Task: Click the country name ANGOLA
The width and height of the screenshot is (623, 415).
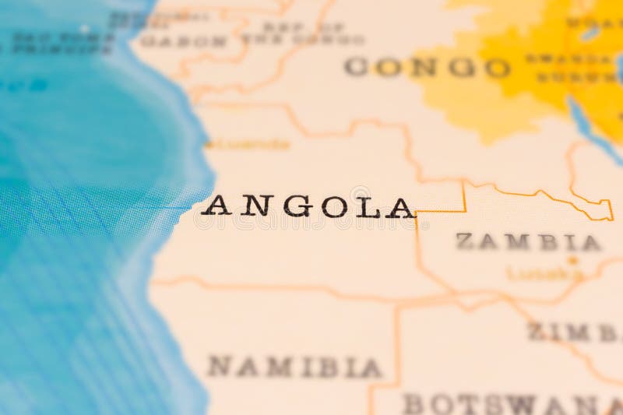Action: pyautogui.click(x=308, y=207)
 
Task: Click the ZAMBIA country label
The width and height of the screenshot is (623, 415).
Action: pyautogui.click(x=527, y=242)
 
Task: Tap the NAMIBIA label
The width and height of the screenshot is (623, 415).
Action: pyautogui.click(x=294, y=367)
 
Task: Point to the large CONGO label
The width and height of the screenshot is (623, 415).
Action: pyautogui.click(x=427, y=68)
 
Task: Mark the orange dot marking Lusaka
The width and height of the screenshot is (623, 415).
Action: pyautogui.click(x=573, y=260)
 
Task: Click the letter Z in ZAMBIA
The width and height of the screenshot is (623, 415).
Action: pyautogui.click(x=465, y=242)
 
